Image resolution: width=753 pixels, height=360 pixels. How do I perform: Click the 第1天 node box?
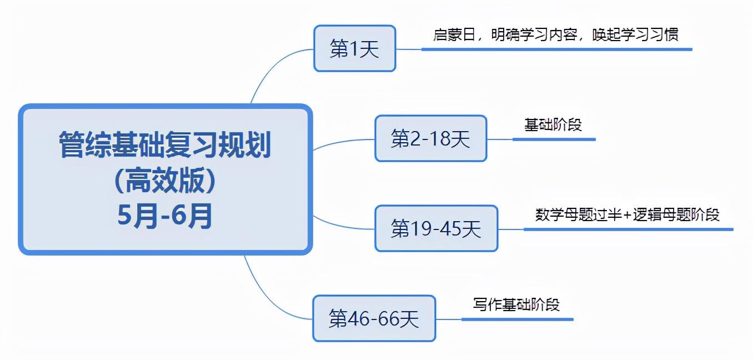point(354,49)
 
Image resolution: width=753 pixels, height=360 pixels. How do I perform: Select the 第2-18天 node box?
point(430,139)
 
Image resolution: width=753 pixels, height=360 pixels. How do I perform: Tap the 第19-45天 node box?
point(436,228)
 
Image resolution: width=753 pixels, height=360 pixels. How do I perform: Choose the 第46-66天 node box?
point(374,318)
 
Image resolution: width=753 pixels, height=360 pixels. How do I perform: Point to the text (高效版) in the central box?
point(165,181)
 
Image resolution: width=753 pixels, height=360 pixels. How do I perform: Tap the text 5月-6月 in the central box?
point(165,216)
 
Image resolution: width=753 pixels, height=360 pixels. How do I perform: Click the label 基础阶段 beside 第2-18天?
point(553,124)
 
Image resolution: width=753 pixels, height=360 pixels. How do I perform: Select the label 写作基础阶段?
point(516,304)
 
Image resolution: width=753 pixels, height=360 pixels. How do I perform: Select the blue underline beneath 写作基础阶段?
point(516,319)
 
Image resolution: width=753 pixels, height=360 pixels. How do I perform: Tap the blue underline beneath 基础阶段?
point(553,139)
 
